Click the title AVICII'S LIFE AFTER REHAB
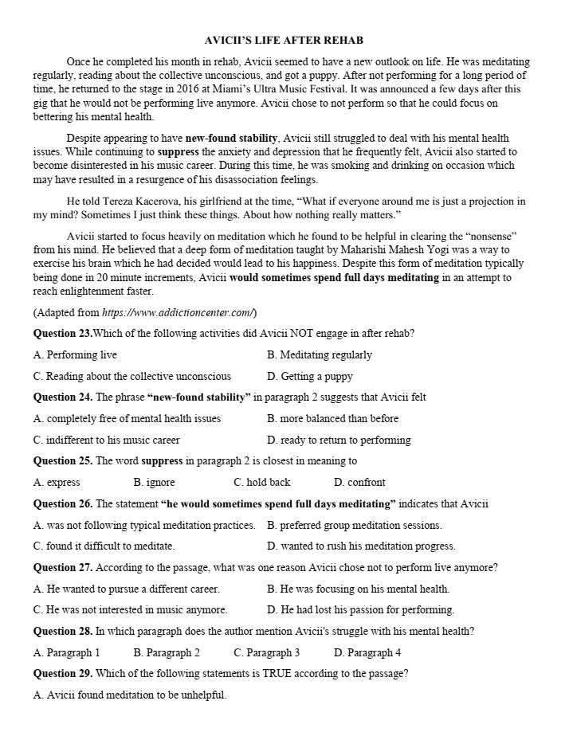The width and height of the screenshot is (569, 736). (x=284, y=40)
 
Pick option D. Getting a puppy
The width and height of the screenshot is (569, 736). (x=309, y=376)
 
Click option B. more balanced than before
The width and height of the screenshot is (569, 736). (x=332, y=418)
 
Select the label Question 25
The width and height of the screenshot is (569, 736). (x=63, y=460)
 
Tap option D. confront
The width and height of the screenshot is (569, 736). (x=359, y=482)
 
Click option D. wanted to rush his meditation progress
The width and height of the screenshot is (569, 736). (x=361, y=546)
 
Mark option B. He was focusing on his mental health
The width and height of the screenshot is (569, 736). (x=358, y=589)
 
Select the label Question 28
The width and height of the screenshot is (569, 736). (x=63, y=632)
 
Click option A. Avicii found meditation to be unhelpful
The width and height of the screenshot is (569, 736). (x=130, y=695)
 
